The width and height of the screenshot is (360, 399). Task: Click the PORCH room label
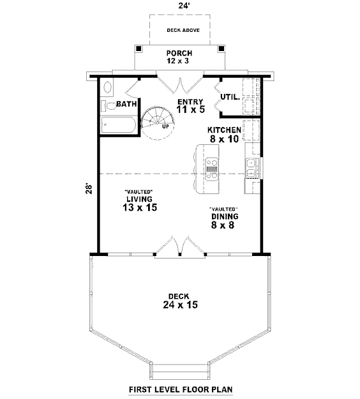click(179, 53)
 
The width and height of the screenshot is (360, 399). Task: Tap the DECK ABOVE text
click(183, 30)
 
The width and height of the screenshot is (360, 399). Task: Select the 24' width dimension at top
click(183, 6)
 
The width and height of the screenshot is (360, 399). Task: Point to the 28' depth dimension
click(89, 188)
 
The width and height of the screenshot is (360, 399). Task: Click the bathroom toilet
click(109, 106)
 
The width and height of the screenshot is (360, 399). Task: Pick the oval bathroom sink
click(108, 87)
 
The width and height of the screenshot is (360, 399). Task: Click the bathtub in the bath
click(119, 125)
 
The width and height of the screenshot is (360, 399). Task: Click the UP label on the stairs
click(165, 126)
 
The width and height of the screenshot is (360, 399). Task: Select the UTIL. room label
click(230, 97)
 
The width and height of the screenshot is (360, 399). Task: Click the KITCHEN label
click(224, 130)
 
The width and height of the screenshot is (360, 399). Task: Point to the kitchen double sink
click(252, 168)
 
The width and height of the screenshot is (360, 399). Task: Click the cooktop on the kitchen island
click(212, 169)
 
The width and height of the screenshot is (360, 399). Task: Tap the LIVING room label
click(139, 199)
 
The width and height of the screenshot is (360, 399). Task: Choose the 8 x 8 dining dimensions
click(223, 225)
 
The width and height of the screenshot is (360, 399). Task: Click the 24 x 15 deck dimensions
click(181, 305)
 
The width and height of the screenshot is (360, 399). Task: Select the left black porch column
click(139, 49)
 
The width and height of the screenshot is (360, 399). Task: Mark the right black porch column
click(221, 49)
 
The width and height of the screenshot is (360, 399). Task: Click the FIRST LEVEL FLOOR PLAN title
click(181, 389)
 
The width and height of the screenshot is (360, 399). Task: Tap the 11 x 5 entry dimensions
click(191, 109)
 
